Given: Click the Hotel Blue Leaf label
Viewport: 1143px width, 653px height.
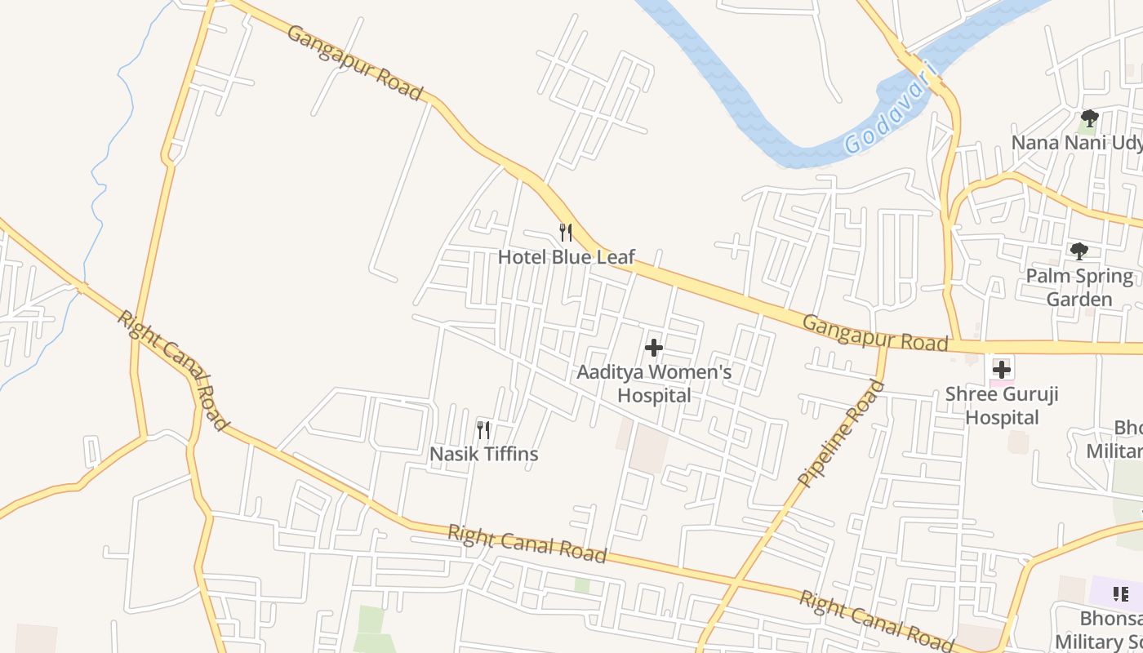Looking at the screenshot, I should [566, 257].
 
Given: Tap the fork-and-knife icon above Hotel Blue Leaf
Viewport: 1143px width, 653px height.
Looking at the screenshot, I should [565, 233].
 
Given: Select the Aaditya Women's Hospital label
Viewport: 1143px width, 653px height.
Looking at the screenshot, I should [654, 384].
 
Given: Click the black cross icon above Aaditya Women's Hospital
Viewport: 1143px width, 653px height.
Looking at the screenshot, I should [653, 349].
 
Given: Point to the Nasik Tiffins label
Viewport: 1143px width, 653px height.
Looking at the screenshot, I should [483, 454].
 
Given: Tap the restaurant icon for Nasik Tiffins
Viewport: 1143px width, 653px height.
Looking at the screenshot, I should [483, 429].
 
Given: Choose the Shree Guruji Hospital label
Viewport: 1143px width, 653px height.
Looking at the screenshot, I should [1002, 406].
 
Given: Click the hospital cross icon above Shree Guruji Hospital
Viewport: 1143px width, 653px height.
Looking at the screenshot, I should [1002, 370].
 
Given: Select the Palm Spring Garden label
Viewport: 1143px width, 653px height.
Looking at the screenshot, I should [1079, 287].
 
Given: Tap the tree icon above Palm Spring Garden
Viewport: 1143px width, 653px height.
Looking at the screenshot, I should [1079, 251].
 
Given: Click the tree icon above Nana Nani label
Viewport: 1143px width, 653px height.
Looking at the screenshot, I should [1089, 118].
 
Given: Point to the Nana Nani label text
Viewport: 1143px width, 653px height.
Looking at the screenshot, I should [1076, 143].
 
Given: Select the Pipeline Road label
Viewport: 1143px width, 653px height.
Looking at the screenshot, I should [842, 433].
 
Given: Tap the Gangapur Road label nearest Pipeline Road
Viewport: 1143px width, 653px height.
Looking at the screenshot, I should [875, 333].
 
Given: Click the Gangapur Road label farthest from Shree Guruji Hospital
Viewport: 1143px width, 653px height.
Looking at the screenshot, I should [355, 63].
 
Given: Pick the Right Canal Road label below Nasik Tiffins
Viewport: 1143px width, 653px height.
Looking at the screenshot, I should [527, 544].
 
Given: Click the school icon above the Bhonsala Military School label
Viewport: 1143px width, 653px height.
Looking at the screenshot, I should [1120, 593].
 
